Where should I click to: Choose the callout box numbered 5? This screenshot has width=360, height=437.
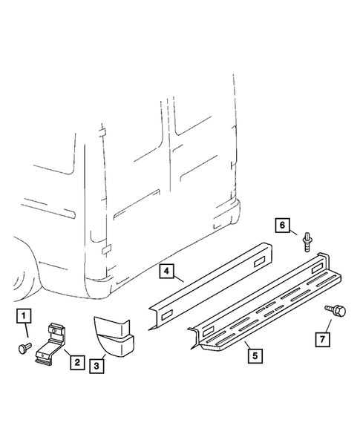click(x=254, y=355)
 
